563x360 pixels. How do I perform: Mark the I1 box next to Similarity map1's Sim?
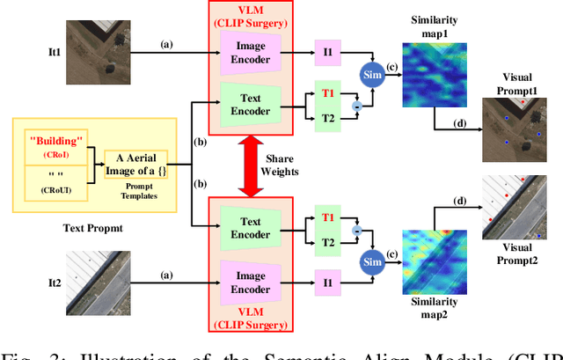coord(326,53)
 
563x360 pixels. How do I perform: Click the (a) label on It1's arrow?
coord(165,42)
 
